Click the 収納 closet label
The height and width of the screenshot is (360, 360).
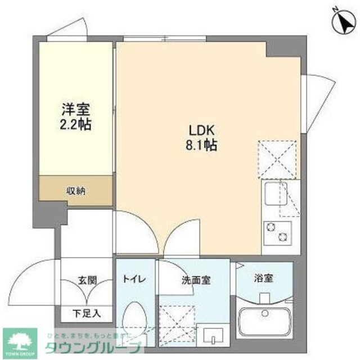[x=76, y=191]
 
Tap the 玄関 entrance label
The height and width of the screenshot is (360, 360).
[x=87, y=280]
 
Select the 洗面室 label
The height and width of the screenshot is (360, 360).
[x=196, y=280]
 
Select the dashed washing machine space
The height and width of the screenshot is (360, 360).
[x=177, y=323]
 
